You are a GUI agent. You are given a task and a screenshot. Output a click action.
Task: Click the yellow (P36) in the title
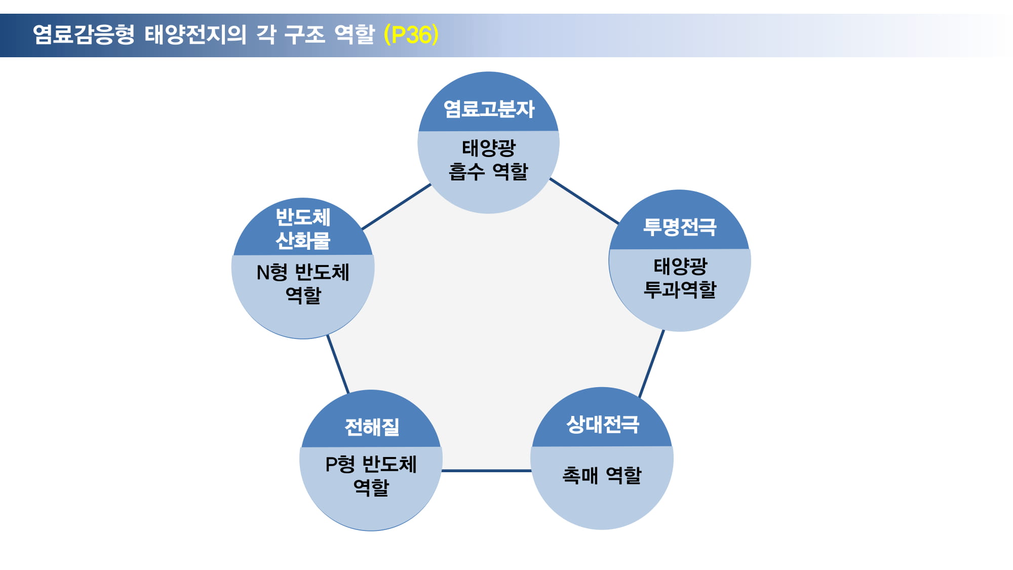(x=411, y=34)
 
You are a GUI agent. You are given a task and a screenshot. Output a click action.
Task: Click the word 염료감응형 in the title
(x=84, y=34)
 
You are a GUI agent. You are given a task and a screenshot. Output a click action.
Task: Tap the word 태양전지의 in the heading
(x=196, y=34)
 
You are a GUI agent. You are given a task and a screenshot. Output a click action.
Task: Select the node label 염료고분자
(x=489, y=109)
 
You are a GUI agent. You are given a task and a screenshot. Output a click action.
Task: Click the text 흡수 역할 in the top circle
(x=488, y=172)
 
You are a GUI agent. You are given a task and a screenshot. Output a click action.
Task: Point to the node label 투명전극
(x=680, y=227)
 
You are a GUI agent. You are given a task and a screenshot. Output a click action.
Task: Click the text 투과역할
(x=680, y=289)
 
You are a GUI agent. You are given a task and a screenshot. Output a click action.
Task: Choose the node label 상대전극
(x=603, y=424)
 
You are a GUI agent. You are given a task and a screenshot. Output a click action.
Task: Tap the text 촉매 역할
(x=602, y=475)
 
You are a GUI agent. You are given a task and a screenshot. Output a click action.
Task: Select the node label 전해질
(x=372, y=427)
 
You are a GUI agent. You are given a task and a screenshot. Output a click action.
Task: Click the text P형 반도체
(x=371, y=464)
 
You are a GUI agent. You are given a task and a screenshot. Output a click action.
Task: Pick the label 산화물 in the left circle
(x=303, y=240)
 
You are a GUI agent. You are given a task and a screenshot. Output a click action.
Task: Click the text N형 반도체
(x=303, y=273)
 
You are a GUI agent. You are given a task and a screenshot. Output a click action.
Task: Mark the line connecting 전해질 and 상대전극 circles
(x=486, y=471)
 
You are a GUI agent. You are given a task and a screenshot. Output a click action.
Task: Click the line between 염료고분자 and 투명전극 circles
(x=585, y=201)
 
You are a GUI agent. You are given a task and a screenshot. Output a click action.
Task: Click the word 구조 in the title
(x=304, y=34)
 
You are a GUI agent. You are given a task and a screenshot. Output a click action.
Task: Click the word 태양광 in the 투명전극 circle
(x=680, y=266)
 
